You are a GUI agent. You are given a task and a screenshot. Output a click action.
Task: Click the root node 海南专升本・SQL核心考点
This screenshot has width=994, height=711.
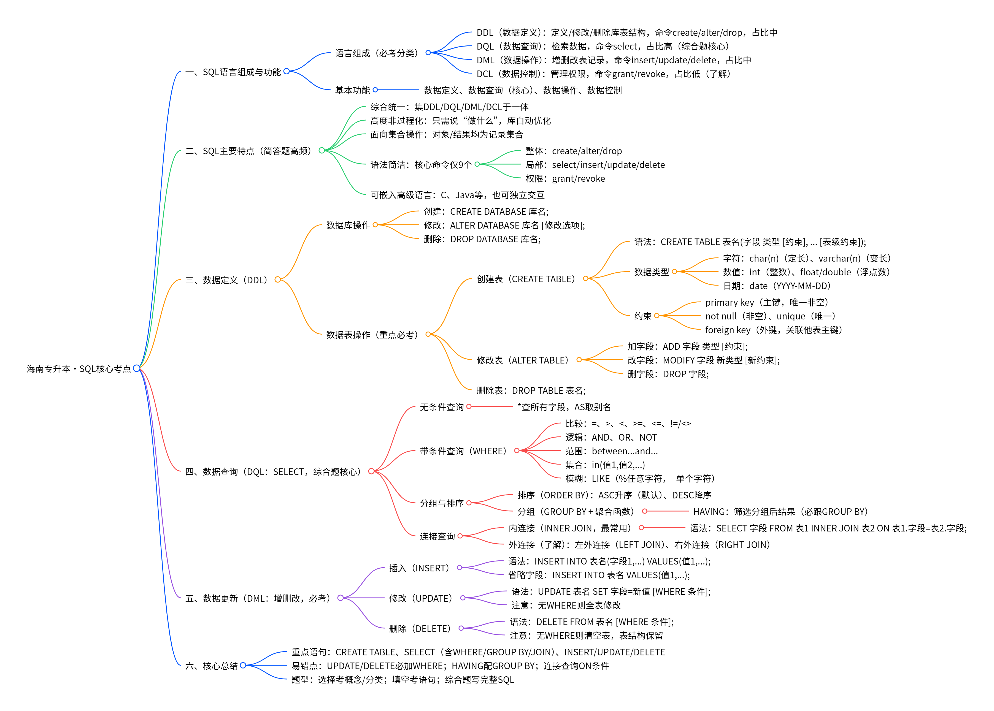pyautogui.click(x=79, y=369)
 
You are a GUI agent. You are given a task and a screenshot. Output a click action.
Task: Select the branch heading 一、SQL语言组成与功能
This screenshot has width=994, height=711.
pyautogui.click(x=233, y=72)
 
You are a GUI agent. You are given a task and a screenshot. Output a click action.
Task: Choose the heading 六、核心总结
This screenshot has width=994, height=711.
pyautogui.click(x=212, y=666)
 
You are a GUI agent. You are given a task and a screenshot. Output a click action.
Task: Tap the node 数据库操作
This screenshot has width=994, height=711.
pyautogui.click(x=348, y=225)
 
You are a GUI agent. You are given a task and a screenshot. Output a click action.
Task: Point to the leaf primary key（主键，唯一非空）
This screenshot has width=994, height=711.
pyautogui.click(x=766, y=302)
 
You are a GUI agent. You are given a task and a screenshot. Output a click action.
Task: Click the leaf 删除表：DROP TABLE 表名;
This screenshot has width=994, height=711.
pyautogui.click(x=531, y=390)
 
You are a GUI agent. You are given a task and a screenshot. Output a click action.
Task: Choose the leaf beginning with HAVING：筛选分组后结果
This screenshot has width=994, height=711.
pyautogui.click(x=780, y=511)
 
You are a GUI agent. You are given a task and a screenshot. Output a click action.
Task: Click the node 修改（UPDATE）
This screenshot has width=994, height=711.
pyautogui.click(x=421, y=598)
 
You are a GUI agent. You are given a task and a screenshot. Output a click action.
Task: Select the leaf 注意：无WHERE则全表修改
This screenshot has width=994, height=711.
pyautogui.click(x=566, y=605)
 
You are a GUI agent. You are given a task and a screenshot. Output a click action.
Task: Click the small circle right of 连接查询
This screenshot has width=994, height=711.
pyautogui.click(x=460, y=536)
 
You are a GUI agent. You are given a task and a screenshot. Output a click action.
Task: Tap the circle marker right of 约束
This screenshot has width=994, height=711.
pyautogui.click(x=657, y=316)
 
